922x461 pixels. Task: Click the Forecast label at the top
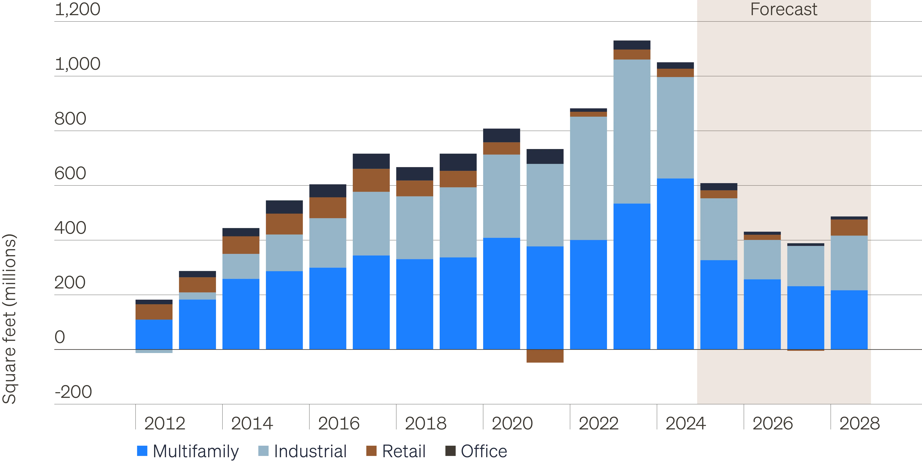point(784,9)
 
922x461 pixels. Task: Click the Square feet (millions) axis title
point(10,319)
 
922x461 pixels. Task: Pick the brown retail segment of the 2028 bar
point(849,228)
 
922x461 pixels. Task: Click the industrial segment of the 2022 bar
point(588,178)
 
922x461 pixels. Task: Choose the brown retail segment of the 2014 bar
point(241,245)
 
